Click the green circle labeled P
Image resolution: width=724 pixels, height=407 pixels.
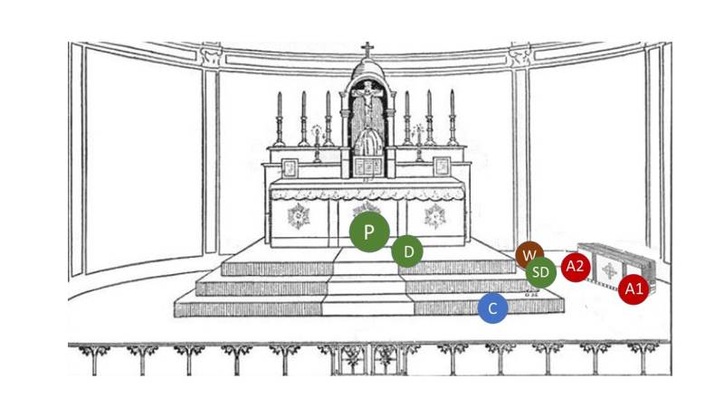(369, 232)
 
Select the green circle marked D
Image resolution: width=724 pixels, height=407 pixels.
(408, 251)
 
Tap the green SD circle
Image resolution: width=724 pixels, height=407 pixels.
(540, 272)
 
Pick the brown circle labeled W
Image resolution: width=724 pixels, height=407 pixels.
(529, 254)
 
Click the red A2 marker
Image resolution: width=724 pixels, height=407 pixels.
(576, 267)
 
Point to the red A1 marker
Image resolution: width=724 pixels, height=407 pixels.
(633, 289)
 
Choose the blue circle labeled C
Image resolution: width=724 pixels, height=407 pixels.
(492, 308)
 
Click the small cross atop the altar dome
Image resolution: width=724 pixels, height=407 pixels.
(367, 49)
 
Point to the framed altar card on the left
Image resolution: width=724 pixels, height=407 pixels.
(290, 167)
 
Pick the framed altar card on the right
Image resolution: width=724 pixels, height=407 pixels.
(442, 167)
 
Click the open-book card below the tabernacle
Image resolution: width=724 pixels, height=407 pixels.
(367, 167)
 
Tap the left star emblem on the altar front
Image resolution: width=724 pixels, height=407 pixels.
(297, 215)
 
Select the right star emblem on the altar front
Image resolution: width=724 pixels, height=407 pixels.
(435, 215)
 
